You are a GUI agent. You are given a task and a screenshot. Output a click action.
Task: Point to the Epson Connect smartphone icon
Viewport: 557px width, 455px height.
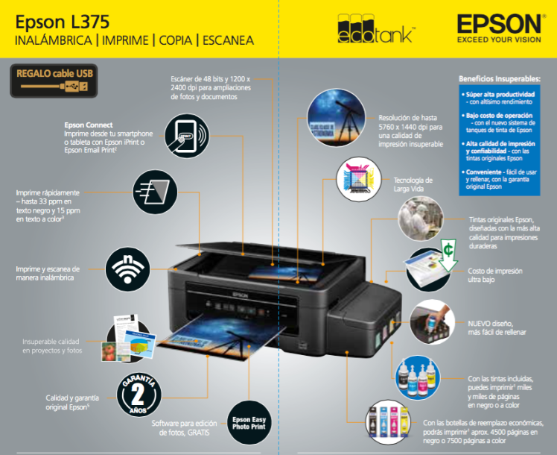188,134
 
